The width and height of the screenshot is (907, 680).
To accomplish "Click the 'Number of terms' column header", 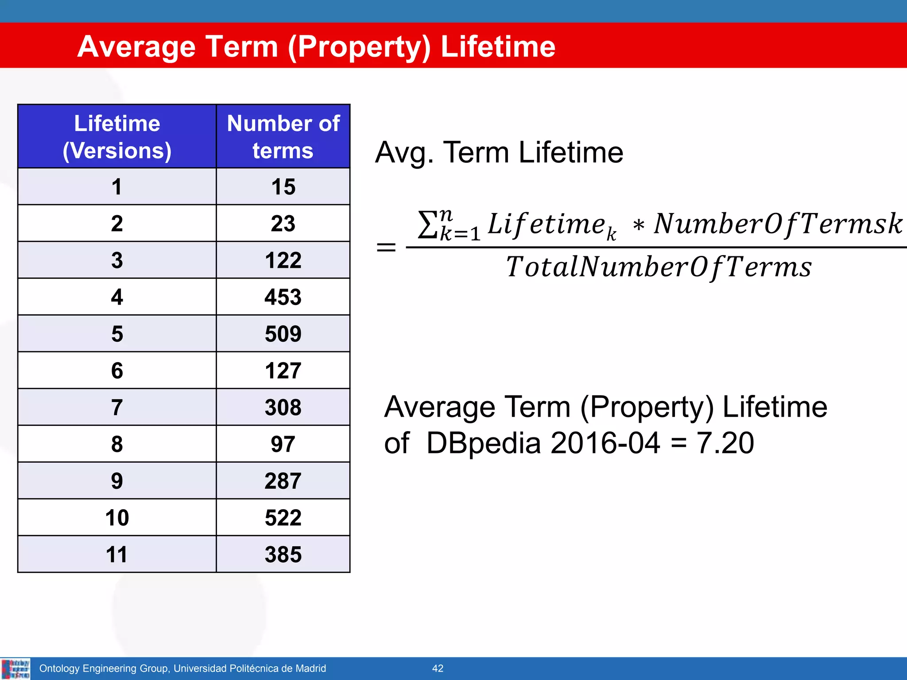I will [x=283, y=137].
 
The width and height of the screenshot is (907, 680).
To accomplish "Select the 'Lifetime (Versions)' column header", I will [x=117, y=137].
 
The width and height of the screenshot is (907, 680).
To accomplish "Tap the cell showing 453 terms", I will [x=283, y=297].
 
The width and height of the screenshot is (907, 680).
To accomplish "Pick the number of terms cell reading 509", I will [x=283, y=334].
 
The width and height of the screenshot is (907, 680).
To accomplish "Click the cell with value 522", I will [x=283, y=518].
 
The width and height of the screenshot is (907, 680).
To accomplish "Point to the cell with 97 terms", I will [x=283, y=444].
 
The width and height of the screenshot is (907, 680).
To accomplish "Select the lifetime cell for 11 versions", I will [x=117, y=554].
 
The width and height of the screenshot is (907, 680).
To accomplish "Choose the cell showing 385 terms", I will [x=283, y=554].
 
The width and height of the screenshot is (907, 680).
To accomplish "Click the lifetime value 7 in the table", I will [x=117, y=407].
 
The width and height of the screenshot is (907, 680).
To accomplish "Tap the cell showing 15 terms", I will [x=283, y=187].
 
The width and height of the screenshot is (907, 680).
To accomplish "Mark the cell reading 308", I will [x=283, y=407].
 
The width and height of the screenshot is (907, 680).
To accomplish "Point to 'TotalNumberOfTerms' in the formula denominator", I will [x=659, y=267].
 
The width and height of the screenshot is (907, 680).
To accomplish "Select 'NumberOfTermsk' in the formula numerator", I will [x=778, y=224].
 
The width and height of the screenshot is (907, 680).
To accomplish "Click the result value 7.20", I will [x=725, y=443].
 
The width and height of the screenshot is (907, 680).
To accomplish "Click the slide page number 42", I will [x=438, y=668].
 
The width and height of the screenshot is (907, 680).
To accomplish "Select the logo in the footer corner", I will [x=16, y=668].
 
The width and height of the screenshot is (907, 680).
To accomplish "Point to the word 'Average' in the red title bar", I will [x=136, y=46].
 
